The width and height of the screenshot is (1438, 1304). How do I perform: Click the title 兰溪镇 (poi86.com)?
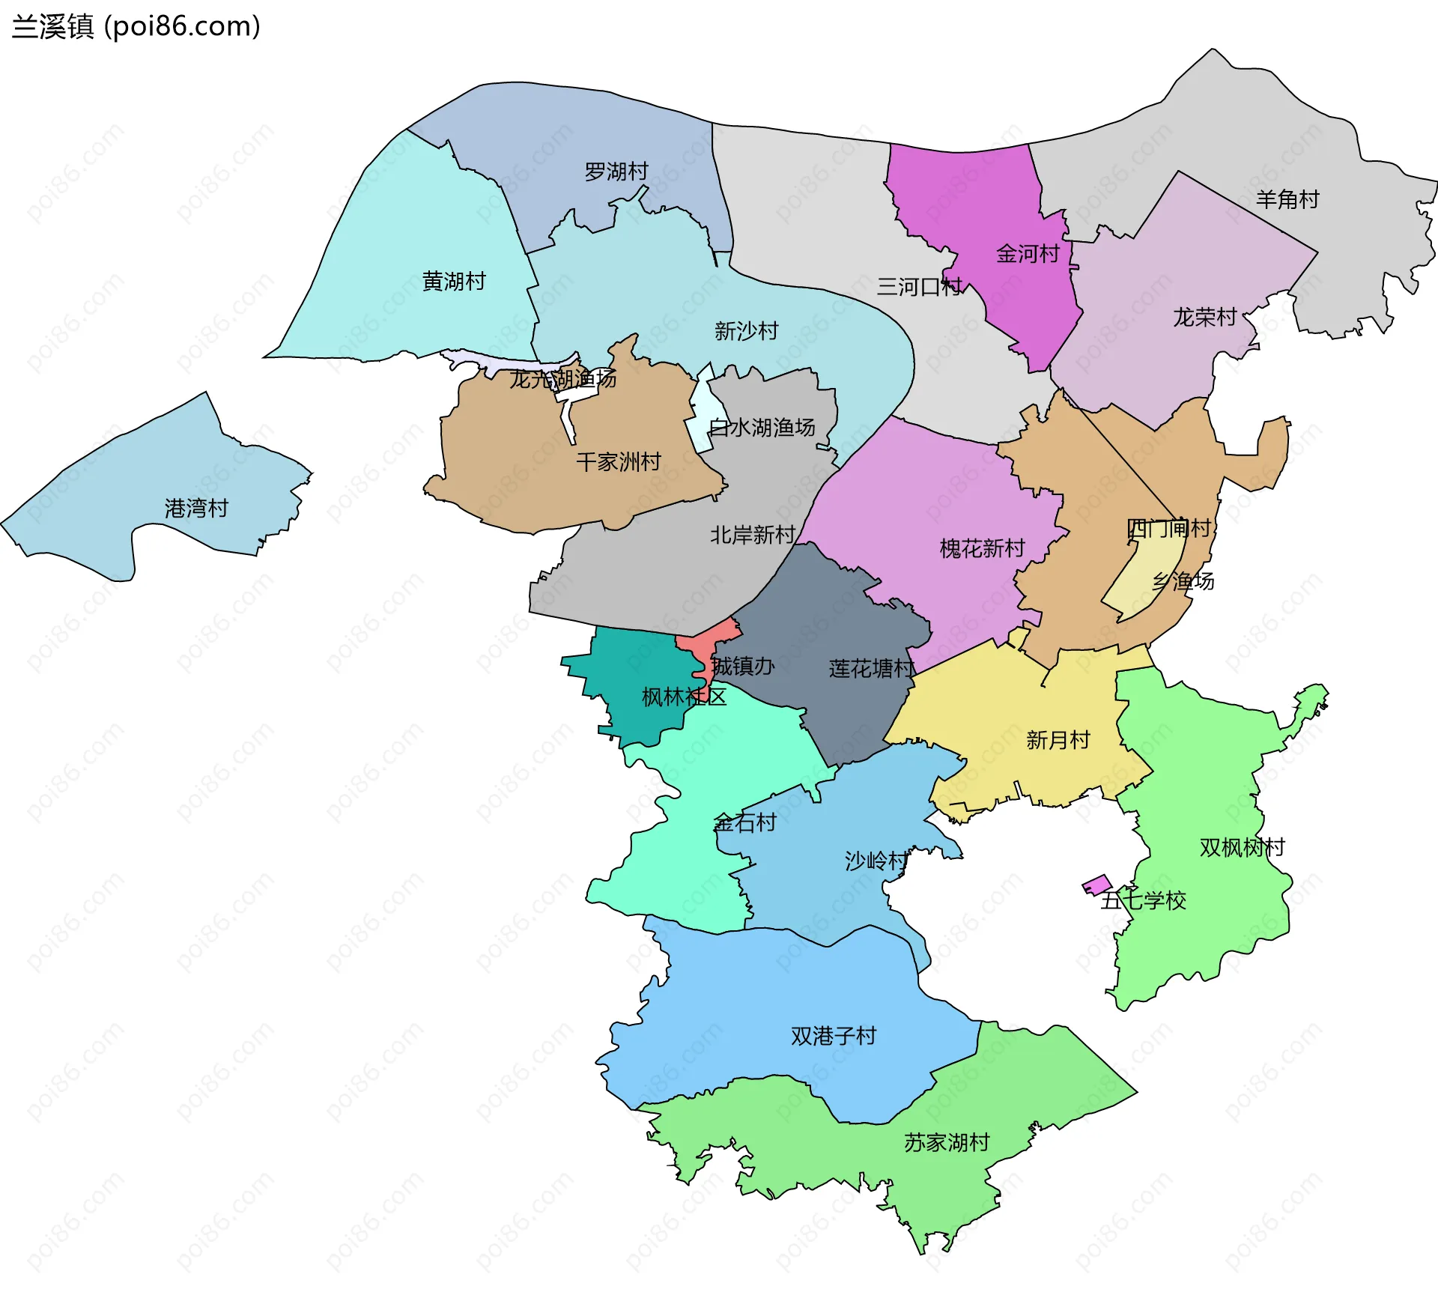[136, 26]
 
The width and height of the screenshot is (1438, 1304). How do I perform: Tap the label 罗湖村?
[616, 172]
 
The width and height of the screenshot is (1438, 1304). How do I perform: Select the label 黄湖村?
[454, 282]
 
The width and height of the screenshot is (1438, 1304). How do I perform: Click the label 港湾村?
[196, 509]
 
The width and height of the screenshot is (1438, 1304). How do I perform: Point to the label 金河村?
[1028, 254]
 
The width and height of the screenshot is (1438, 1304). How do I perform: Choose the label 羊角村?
[1287, 199]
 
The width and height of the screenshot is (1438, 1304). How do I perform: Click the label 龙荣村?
[1204, 318]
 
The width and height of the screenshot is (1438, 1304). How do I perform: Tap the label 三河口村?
[919, 287]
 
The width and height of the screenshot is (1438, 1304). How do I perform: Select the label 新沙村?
[746, 330]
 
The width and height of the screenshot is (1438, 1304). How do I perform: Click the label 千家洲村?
[618, 461]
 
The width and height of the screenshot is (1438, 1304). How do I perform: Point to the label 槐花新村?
[982, 548]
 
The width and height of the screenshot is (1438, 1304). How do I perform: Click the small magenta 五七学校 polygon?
[1096, 885]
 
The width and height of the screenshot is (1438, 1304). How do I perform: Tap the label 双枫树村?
[1242, 847]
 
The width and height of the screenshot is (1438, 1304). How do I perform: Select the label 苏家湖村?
[946, 1142]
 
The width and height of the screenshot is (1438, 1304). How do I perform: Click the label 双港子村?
[833, 1036]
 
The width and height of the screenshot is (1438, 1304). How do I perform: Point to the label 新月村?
[1057, 740]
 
